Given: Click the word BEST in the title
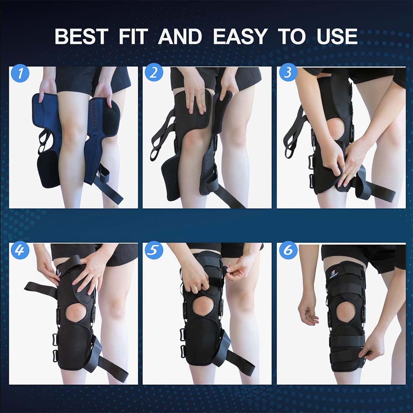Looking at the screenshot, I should click(81, 37).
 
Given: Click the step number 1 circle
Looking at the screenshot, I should click(20, 74).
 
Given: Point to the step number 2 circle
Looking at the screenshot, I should click(154, 74).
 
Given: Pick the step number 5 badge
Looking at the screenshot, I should click(154, 251).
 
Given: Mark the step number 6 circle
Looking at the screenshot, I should click(288, 251).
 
